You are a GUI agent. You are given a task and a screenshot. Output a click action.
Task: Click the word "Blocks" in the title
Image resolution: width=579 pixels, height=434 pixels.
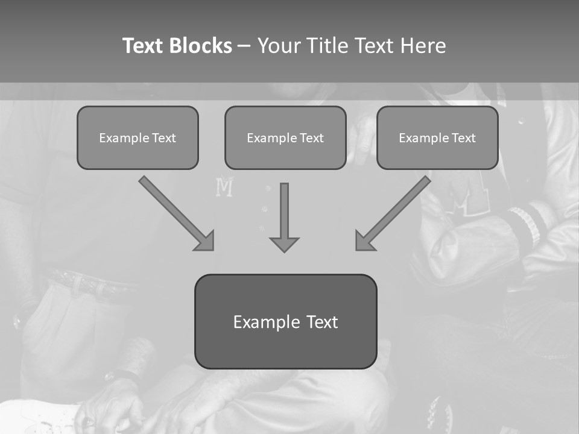201,46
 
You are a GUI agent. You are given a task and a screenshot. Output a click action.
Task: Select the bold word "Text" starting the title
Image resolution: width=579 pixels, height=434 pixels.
144,46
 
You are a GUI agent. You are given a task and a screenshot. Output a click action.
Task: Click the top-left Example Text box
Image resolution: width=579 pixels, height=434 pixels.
138,138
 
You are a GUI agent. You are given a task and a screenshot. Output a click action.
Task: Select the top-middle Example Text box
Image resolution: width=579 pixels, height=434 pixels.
285,138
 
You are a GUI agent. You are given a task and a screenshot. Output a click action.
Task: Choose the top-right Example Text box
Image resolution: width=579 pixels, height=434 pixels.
437,138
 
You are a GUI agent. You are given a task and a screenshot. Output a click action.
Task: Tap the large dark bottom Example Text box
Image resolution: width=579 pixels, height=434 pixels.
285,321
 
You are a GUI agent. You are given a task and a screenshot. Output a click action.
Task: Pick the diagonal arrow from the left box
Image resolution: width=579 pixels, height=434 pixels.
175,212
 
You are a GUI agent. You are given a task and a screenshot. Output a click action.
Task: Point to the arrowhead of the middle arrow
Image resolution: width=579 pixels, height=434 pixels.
284,244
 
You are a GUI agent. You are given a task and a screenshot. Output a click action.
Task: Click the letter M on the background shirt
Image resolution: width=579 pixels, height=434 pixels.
224,188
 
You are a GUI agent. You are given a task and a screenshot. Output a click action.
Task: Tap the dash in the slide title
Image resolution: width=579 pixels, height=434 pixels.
244,46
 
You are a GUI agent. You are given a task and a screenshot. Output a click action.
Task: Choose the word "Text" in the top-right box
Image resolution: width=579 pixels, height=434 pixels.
463,138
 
